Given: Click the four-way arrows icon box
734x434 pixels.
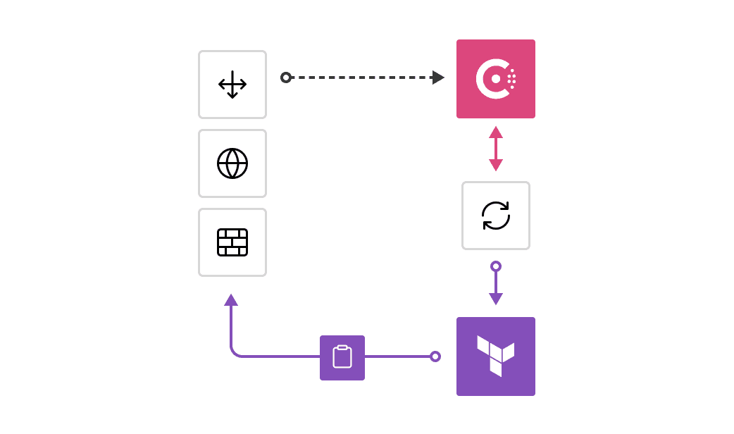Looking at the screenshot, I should tap(232, 85).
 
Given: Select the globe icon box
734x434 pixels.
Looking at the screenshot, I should tap(232, 163).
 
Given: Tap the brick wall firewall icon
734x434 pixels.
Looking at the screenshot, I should tap(232, 242).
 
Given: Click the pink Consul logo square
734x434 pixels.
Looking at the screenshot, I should tap(496, 79).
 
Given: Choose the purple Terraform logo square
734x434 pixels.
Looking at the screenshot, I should tap(496, 356).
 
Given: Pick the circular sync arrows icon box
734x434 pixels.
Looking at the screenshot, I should tap(496, 216).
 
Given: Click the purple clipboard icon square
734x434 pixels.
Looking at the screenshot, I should tap(342, 358).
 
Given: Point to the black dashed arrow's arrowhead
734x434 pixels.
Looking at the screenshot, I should tap(438, 77).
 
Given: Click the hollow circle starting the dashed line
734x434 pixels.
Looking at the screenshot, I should tap(286, 77).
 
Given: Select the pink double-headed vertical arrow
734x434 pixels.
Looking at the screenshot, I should tap(496, 149).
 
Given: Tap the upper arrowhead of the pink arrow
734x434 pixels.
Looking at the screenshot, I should tap(496, 132).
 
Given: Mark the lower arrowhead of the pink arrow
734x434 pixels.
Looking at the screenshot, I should tap(496, 165).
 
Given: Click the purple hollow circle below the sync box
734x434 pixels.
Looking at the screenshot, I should tap(496, 266).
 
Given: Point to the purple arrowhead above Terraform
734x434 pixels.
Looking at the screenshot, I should tap(496, 299).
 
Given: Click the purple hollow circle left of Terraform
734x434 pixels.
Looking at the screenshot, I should tap(435, 356).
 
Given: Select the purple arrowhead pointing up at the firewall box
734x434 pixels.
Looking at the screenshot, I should tap(231, 300).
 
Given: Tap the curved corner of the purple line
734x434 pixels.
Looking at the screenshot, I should tap(235, 352).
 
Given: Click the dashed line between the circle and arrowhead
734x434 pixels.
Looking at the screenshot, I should tap(359, 77).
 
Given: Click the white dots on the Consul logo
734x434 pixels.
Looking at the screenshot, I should tap(512, 79).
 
